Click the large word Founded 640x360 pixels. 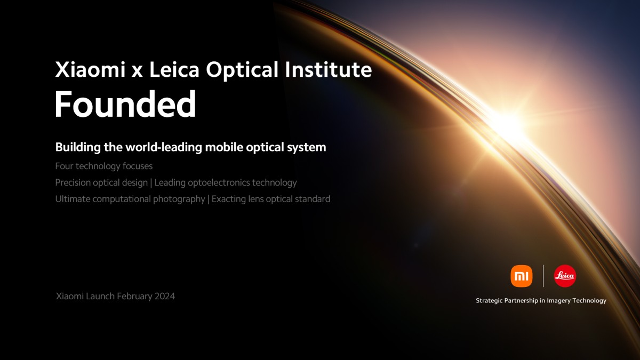point(125,105)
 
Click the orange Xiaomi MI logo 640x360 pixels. point(521,276)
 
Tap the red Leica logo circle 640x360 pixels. point(565,276)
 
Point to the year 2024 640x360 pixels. point(165,296)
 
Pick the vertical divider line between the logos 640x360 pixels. point(543,276)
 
